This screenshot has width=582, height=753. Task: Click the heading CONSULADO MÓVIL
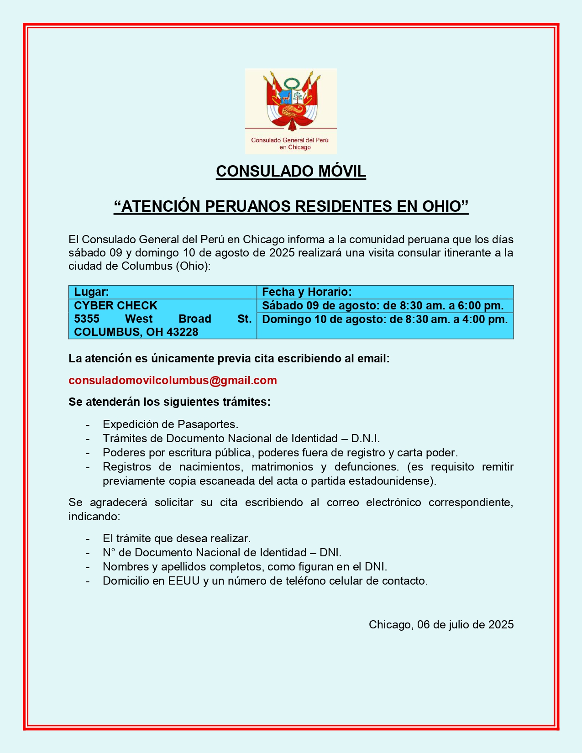coord(291,172)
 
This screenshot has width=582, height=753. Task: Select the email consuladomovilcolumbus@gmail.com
coord(173,381)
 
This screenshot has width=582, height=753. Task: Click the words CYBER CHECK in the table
coord(115,305)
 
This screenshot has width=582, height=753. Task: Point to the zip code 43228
coord(183,332)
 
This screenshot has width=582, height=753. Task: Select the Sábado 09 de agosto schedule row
coord(383,306)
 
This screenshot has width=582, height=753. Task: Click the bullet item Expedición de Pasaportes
coord(170,424)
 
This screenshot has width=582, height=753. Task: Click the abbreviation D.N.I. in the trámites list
coord(365,439)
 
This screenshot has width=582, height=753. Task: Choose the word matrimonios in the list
coord(282,467)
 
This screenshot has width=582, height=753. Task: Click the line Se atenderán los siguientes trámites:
coord(169,402)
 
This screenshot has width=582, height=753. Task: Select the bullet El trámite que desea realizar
coord(177,539)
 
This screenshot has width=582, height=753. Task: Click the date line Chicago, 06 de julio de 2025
coord(441,625)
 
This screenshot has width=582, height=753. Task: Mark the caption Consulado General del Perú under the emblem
coord(290,140)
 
